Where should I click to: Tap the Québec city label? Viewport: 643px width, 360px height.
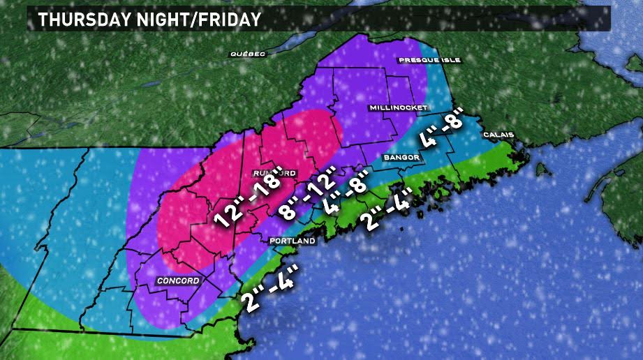[248, 54]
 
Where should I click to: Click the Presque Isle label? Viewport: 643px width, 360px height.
[430, 61]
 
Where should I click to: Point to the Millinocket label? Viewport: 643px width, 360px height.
[398, 108]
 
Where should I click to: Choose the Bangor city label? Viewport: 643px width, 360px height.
[401, 158]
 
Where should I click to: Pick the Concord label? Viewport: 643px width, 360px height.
[178, 280]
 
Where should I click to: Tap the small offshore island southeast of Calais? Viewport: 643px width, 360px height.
[540, 170]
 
